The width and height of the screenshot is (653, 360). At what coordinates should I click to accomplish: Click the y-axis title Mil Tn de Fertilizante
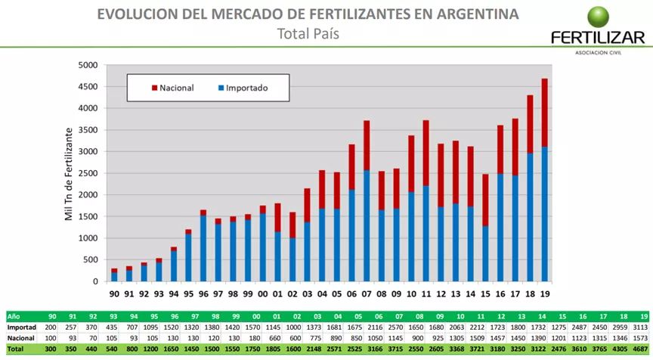point(69,173)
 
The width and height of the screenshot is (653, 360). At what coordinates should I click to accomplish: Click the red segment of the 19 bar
point(544,113)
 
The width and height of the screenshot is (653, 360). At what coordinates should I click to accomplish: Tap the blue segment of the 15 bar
point(485,253)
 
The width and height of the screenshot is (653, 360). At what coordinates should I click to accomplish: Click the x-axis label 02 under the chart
point(292,293)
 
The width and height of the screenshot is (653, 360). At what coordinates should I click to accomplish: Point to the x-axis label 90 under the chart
point(114,293)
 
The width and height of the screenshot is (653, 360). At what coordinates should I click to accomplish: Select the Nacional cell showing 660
point(276,338)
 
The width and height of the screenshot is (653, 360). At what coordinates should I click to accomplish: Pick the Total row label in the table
point(14,349)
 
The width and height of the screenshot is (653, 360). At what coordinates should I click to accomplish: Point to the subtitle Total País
point(308,33)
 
